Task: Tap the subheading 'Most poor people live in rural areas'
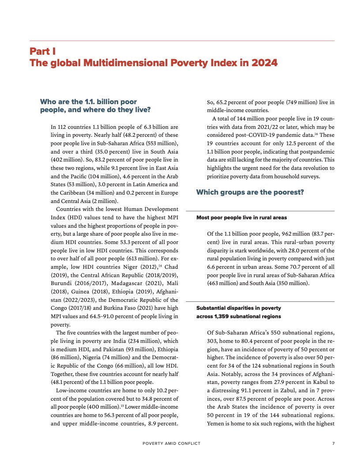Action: click(x=241, y=218)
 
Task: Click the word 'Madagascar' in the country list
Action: click(x=124, y=284)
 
